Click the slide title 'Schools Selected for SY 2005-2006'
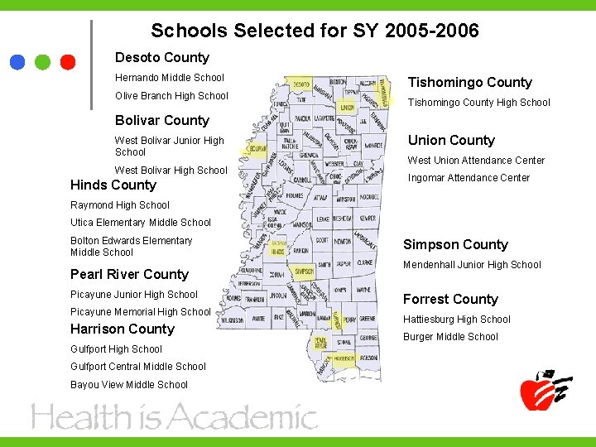[x=315, y=31]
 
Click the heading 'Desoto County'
[x=162, y=57]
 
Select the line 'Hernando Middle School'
[x=170, y=78]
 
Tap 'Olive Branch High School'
[x=171, y=96]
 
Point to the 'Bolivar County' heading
[x=162, y=120]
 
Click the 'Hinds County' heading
[x=113, y=185]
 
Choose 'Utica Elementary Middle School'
[x=141, y=223]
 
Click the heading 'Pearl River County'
[x=130, y=274]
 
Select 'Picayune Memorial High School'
[x=141, y=312]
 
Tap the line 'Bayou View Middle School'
[x=129, y=385]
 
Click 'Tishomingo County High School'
[x=478, y=103]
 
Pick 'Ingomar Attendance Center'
[x=469, y=178]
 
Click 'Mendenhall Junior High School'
[x=472, y=265]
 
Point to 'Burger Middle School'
[x=450, y=337]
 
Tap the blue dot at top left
[x=18, y=61]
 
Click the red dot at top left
[x=68, y=61]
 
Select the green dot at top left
[x=43, y=61]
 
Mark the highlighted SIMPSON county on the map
[x=304, y=272]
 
